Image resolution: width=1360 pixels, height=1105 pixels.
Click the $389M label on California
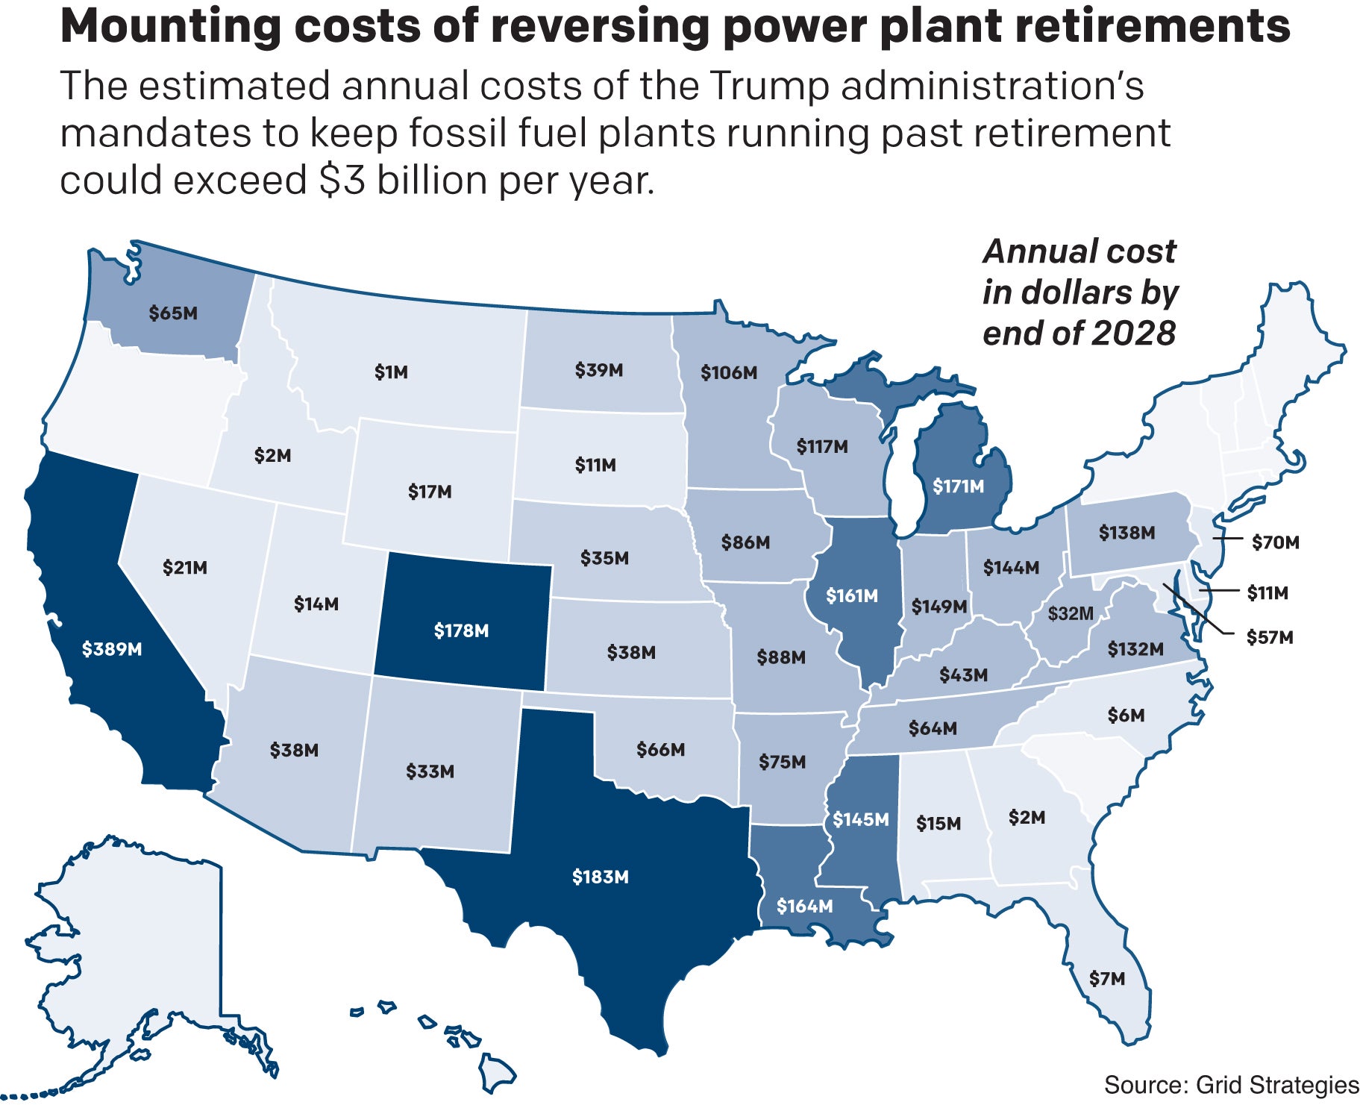pos(112,649)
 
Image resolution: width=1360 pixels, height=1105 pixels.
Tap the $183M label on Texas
pos(600,877)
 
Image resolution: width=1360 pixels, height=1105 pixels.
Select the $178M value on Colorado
pos(461,631)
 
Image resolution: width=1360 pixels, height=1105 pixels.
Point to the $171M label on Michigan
pos(958,486)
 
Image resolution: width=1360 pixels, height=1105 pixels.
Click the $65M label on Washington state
pos(173,313)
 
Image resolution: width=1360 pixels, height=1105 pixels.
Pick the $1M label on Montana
pos(391,372)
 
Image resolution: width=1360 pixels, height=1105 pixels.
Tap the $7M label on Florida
pos(1106,979)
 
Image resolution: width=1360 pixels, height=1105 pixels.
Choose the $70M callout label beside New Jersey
pos(1275,542)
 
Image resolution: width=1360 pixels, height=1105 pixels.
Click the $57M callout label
pos(1270,637)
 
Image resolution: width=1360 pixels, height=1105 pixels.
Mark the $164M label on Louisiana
pos(804,906)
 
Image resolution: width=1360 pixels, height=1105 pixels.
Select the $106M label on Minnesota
pos(729,372)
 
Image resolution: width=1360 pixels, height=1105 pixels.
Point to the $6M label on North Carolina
pos(1126,716)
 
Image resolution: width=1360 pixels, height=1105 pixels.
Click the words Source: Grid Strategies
pos(1231,1085)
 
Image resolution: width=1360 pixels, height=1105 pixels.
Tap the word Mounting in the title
pos(170,27)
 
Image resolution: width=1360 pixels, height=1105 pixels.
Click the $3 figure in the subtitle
pos(342,181)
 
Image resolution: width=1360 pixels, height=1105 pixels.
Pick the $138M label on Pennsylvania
pos(1126,533)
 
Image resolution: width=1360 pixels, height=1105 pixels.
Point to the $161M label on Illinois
pos(852,596)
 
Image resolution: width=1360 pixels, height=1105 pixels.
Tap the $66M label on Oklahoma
pos(660,749)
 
